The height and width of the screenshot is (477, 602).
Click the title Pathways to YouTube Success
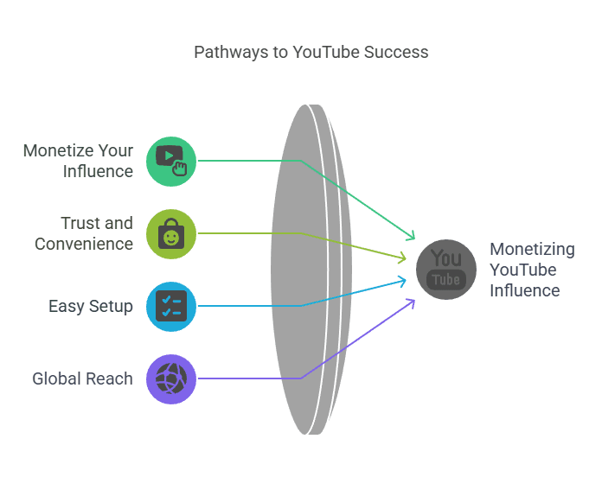click(x=311, y=52)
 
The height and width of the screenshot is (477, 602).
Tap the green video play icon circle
click(x=171, y=161)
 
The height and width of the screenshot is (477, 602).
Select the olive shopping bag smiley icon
click(x=171, y=233)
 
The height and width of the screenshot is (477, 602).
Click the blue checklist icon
click(x=171, y=306)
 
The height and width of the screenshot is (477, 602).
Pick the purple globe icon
click(x=171, y=378)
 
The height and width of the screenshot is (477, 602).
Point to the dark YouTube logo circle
click(x=446, y=270)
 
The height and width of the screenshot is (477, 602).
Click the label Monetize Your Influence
click(x=79, y=161)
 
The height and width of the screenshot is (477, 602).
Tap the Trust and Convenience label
click(x=84, y=233)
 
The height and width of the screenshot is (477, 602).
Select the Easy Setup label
click(x=91, y=306)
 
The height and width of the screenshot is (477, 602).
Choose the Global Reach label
click(x=82, y=378)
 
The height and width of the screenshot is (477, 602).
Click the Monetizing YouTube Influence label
click(x=532, y=270)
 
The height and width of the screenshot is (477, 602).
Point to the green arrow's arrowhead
click(x=412, y=237)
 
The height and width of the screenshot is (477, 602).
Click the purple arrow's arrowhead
click(x=412, y=302)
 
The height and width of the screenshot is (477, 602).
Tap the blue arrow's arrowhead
click(x=404, y=279)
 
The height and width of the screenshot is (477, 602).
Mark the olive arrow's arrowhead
click(x=404, y=258)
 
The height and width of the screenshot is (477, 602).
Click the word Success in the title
click(x=396, y=52)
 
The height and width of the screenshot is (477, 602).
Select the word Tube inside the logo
click(x=446, y=280)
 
